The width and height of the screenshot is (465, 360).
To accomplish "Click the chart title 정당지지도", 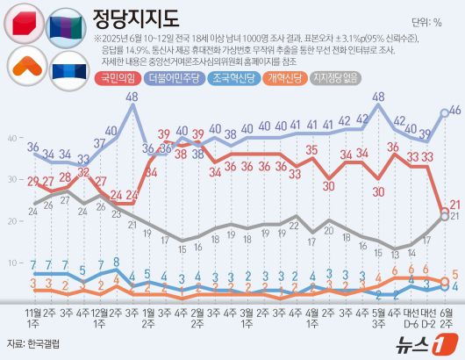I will (136, 19).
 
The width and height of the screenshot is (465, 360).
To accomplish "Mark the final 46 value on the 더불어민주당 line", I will (454, 111).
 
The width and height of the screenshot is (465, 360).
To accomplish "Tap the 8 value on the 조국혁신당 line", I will (117, 263).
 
